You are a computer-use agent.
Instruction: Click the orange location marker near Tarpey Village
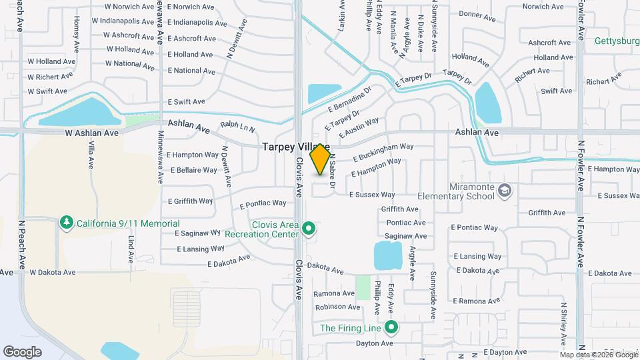[320, 159]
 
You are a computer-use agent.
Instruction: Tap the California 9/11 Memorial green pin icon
[66, 223]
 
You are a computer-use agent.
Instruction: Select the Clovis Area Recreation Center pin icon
[308, 229]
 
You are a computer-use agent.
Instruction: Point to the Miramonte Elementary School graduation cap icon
[505, 191]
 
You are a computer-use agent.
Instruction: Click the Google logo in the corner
[22, 351]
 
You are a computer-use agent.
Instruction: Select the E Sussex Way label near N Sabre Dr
[372, 195]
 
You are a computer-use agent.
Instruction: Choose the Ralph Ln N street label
[238, 125]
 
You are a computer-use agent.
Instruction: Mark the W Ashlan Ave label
[91, 133]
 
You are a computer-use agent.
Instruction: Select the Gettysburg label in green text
[617, 40]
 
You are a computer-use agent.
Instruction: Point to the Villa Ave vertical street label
[91, 154]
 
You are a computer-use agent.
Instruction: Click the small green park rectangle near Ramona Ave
[363, 287]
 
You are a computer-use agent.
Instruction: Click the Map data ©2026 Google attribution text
[599, 355]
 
